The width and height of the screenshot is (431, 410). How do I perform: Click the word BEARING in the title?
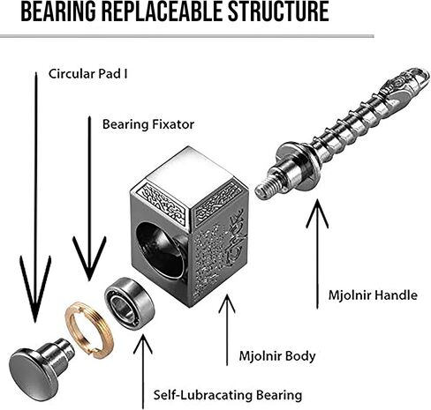coord(58,11)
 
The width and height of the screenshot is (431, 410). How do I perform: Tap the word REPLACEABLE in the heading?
coord(162,11)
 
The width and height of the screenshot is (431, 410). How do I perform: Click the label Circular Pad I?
coord(88,74)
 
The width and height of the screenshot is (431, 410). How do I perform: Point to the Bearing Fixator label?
coord(148,124)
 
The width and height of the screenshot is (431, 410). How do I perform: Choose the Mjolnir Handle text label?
coord(373,294)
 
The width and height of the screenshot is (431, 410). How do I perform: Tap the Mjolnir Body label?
coord(277,356)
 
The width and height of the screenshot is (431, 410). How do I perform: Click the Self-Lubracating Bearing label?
coord(228,395)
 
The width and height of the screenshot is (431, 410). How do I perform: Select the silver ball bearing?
coord(130,303)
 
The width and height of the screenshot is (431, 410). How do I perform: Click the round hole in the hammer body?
coord(161,250)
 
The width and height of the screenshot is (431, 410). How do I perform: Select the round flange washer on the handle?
coord(298,165)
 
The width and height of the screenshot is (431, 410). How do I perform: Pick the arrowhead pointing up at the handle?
coord(317,214)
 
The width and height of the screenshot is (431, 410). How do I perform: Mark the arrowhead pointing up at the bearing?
coord(143,345)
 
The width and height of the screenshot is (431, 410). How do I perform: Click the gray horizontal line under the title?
coord(187,36)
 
